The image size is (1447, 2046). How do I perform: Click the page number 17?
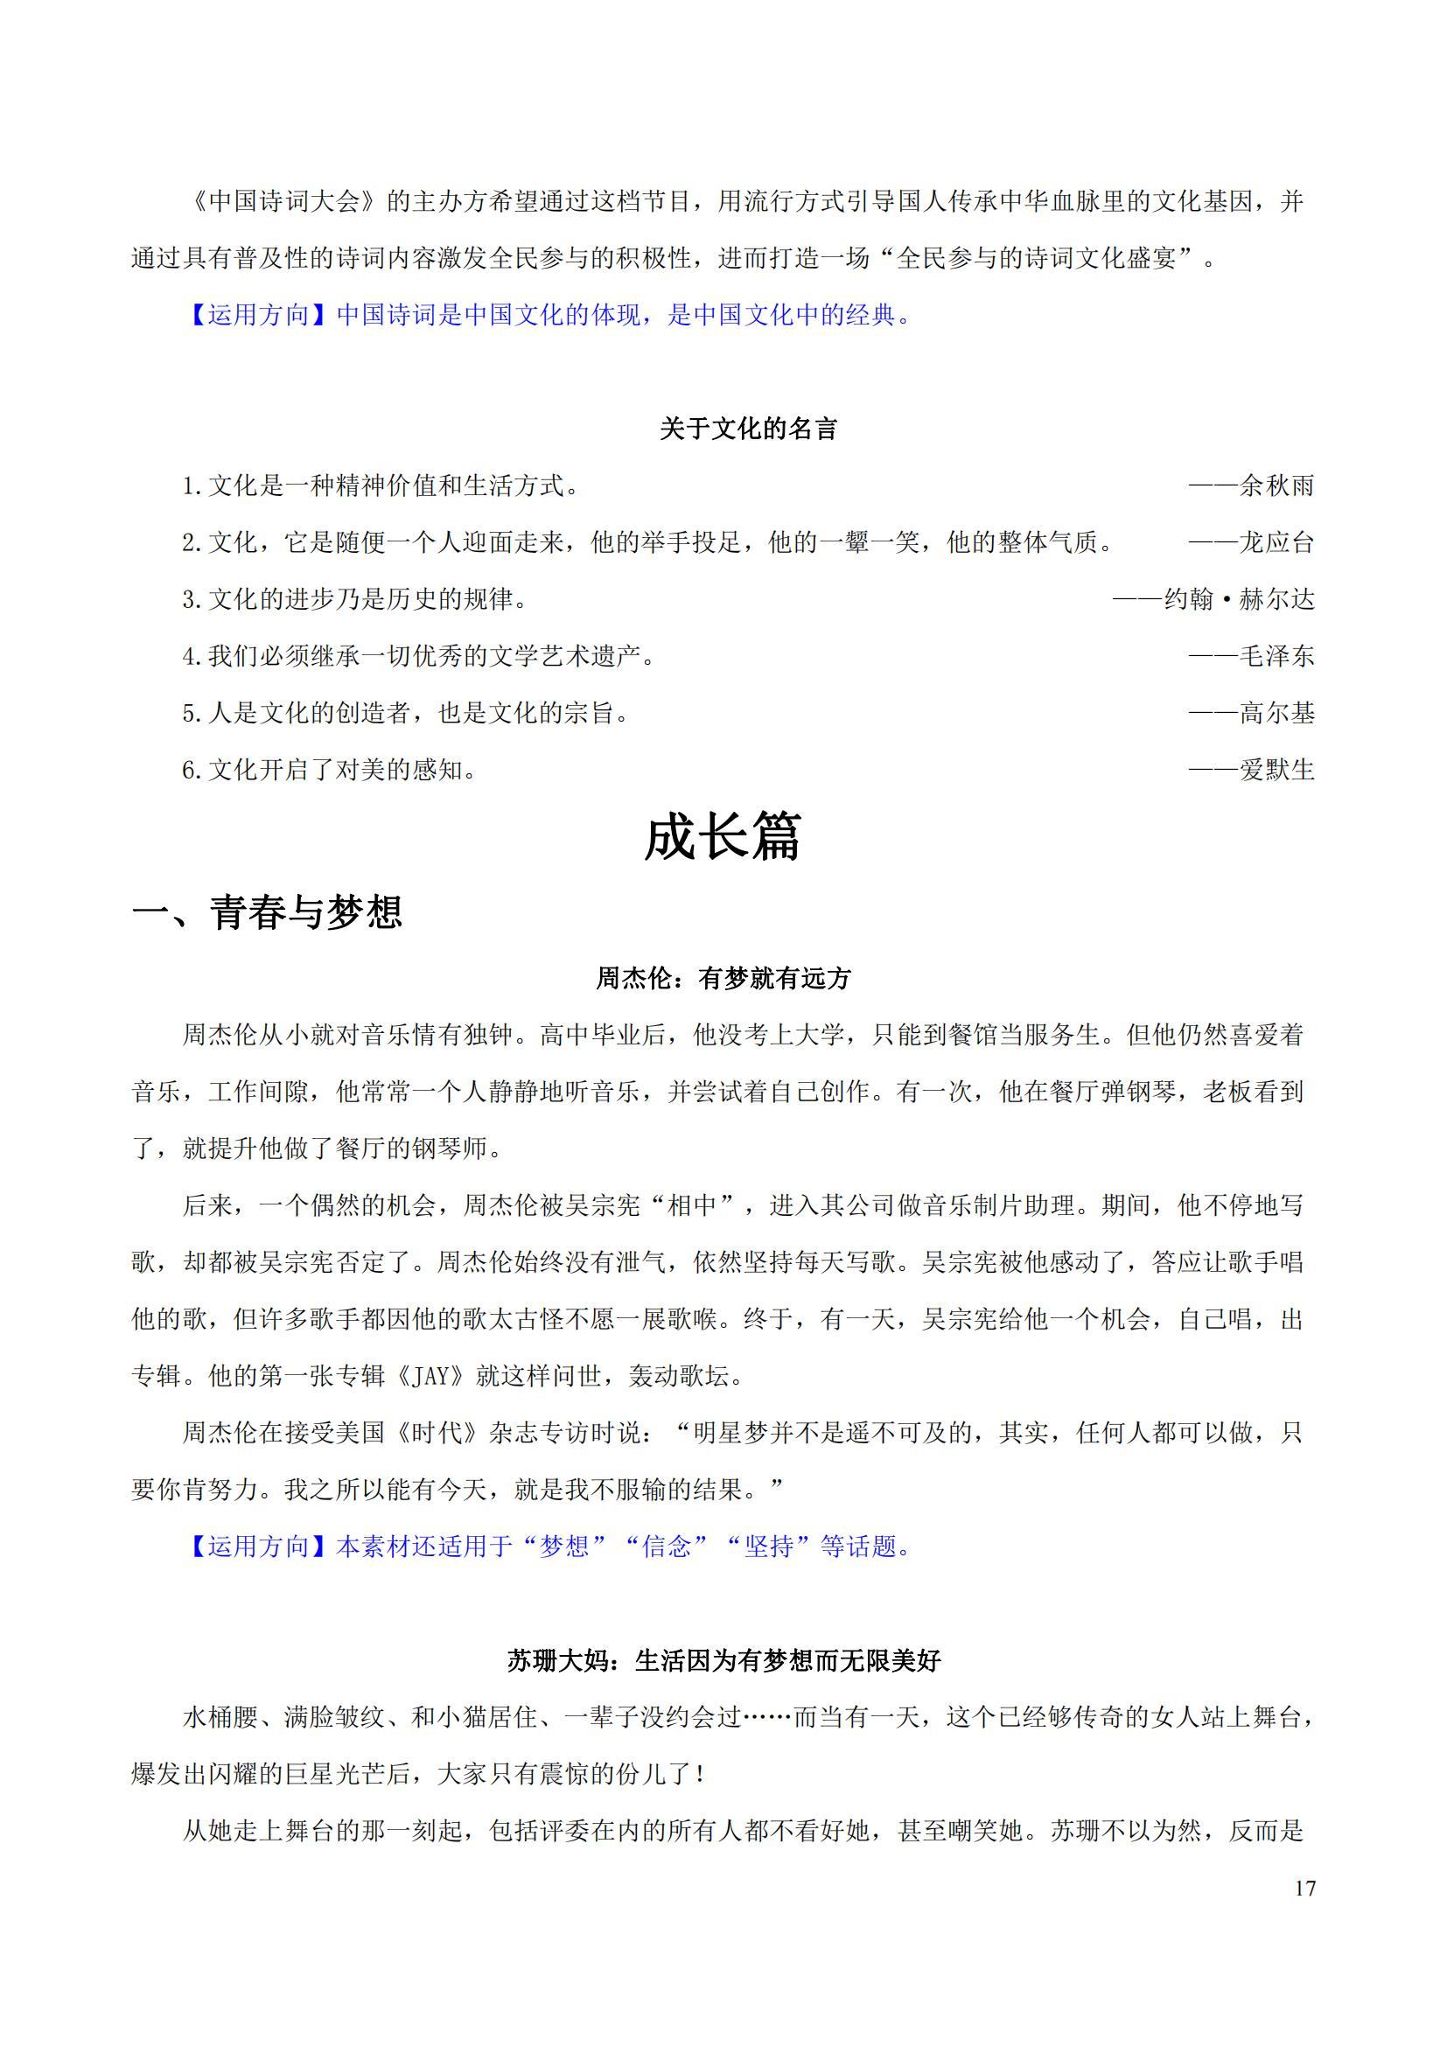[x=1305, y=1889]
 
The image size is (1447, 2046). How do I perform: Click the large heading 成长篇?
[x=723, y=838]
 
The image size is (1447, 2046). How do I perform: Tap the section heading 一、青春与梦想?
[x=268, y=912]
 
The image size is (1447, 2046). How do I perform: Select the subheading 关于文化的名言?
[x=749, y=429]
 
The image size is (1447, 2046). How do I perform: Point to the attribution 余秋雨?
[x=1276, y=486]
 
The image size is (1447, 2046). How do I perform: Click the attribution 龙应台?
[x=1276, y=542]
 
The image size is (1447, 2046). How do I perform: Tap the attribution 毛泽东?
[x=1276, y=657]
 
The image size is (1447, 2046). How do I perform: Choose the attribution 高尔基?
[x=1276, y=713]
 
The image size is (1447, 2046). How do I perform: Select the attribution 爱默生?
[x=1276, y=770]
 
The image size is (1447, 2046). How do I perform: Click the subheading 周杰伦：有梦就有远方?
[x=723, y=980]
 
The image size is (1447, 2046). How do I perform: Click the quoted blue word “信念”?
[x=667, y=1547]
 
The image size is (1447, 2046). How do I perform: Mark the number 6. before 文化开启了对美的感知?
[x=192, y=771]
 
